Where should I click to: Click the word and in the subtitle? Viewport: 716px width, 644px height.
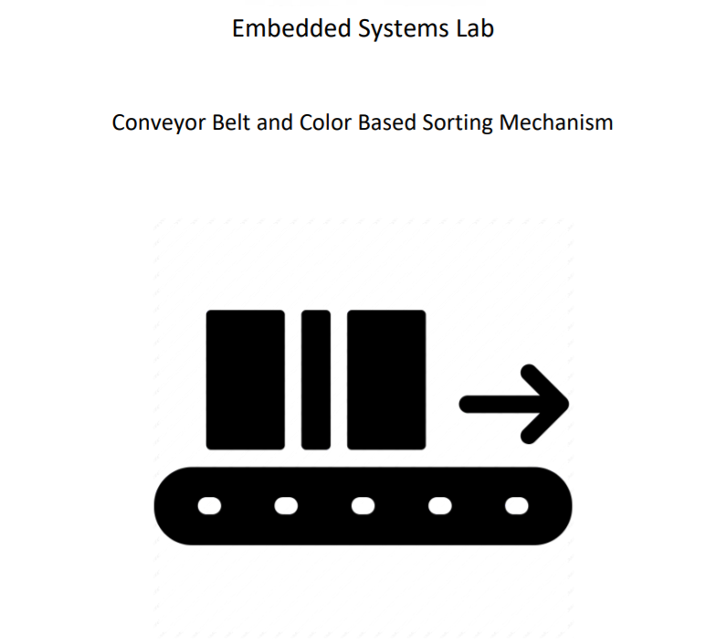tap(274, 122)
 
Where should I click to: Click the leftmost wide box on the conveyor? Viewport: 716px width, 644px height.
tap(245, 380)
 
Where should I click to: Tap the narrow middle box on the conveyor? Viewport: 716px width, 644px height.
tap(316, 380)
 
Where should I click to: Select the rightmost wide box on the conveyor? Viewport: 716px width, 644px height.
tap(386, 380)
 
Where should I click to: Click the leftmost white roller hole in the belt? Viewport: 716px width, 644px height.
tap(210, 506)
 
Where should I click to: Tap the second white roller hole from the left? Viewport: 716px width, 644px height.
tap(287, 506)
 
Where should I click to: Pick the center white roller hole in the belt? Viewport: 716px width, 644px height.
tap(363, 506)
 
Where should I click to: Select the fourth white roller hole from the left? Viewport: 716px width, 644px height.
tap(440, 506)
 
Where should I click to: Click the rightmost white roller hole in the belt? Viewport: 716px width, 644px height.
tap(517, 506)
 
